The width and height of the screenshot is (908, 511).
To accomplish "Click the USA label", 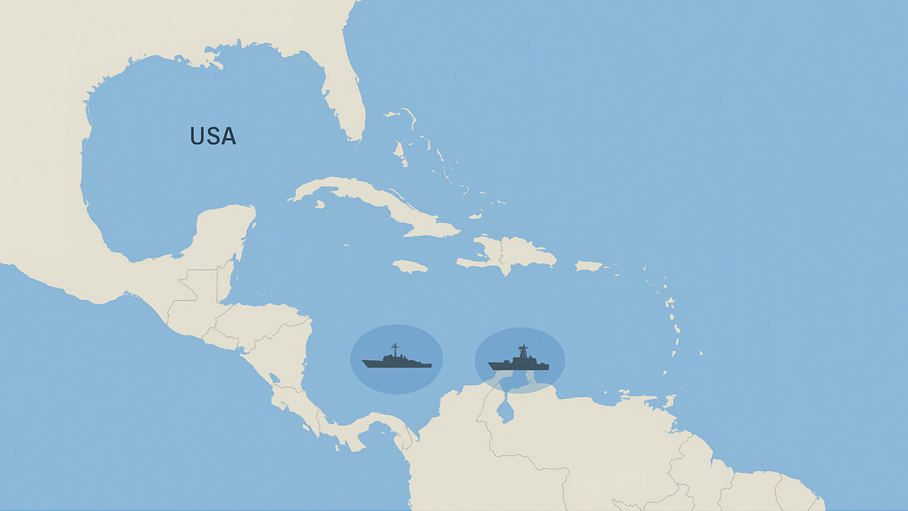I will (x=212, y=136).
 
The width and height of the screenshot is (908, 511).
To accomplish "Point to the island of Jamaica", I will (x=410, y=266).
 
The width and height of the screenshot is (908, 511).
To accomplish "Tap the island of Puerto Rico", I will (x=588, y=266).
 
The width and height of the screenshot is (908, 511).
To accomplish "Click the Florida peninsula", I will (x=346, y=100).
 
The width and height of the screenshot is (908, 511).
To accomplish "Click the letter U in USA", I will (x=197, y=136).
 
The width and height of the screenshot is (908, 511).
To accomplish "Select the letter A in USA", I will (x=227, y=136).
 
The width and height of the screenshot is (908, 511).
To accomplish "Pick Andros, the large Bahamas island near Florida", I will (x=400, y=153).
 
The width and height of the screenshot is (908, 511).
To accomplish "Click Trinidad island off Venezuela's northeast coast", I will (x=667, y=401).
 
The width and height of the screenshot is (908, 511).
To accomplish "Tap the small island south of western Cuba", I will (x=320, y=203).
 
